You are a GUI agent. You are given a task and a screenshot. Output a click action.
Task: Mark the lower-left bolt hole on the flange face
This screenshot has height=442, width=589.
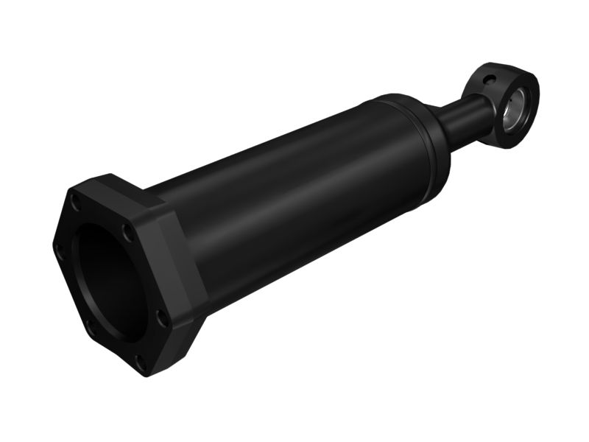tap(91, 326)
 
